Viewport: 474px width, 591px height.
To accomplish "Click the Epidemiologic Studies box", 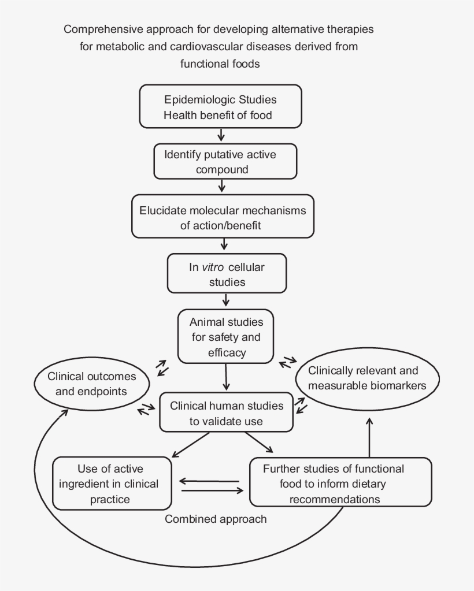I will tap(220, 107).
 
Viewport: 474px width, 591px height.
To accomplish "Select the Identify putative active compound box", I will tap(225, 162).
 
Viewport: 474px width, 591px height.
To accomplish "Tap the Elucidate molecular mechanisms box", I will tap(223, 217).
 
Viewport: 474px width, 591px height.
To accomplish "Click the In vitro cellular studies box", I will tap(226, 274).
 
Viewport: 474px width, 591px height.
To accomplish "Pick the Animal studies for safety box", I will tap(225, 336).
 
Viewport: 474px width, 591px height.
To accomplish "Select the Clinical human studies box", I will tap(226, 413).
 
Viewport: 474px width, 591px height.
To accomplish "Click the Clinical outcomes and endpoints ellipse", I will tap(92, 384).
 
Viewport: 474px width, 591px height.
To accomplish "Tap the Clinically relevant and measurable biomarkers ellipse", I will tap(368, 378).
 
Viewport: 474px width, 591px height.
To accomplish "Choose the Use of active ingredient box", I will tap(112, 484).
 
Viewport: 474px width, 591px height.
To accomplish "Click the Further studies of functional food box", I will tap(340, 483).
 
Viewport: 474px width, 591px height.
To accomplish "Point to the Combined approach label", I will tap(216, 519).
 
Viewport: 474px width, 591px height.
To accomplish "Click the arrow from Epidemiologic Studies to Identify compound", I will tap(221, 135).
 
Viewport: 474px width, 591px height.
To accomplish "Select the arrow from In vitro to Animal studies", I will tap(226, 300).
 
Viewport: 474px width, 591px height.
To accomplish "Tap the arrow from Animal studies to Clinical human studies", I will tap(226, 378).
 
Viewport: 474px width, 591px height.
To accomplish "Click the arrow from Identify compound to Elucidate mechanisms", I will tap(221, 185).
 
